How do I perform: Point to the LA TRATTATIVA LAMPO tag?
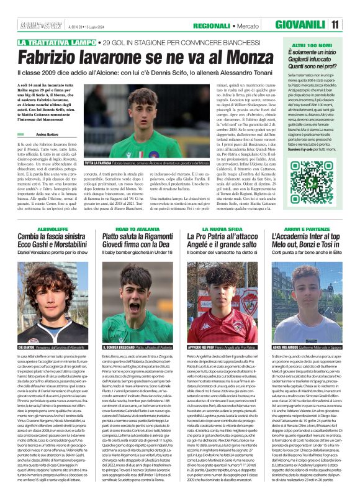[56, 42]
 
